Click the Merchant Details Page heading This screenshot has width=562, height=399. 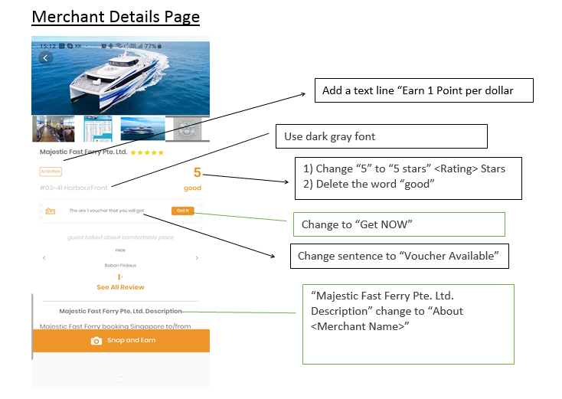tap(115, 16)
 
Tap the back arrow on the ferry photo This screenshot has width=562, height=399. tap(46, 57)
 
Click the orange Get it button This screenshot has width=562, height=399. tap(183, 211)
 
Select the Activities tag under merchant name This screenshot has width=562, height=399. tap(51, 172)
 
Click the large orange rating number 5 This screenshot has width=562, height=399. tap(197, 173)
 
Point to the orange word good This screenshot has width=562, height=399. tap(192, 188)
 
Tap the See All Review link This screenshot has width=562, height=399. tap(120, 287)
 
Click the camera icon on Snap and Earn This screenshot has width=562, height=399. tap(96, 341)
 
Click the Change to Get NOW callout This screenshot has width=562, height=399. tap(398, 224)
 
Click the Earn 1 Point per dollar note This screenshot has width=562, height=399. tap(423, 90)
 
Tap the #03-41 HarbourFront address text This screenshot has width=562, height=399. tap(74, 186)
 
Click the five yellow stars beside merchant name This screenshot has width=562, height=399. tap(147, 152)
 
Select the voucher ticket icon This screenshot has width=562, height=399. tap(51, 211)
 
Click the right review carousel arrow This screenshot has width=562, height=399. tap(197, 258)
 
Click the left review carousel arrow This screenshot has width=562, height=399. tap(44, 258)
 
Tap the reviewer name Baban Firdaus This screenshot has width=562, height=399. tap(120, 265)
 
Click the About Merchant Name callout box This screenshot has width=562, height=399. tap(407, 324)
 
